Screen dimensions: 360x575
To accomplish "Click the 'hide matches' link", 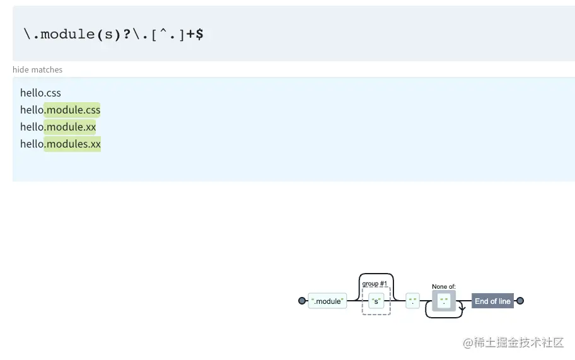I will tap(37, 70).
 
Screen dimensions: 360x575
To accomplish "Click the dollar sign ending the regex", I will tap(199, 34).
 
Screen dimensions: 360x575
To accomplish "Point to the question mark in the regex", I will tap(127, 34).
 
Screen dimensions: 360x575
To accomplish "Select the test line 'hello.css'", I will tap(40, 93).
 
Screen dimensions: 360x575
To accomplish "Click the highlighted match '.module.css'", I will tap(72, 110).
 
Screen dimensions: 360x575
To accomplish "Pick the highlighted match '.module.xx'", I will tap(70, 127).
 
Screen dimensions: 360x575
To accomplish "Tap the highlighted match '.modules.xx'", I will tap(73, 144).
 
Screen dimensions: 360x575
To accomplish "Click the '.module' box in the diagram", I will tap(327, 301).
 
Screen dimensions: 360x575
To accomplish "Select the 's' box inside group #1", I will tap(376, 301).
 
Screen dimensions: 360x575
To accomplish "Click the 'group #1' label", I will tap(375, 284).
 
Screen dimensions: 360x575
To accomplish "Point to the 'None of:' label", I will tap(444, 287).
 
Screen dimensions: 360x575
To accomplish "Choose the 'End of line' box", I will tap(492, 301).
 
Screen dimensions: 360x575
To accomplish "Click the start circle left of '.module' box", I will tap(302, 301).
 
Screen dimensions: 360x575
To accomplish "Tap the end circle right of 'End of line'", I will tap(520, 301).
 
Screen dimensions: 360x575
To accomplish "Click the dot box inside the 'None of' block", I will tap(444, 301).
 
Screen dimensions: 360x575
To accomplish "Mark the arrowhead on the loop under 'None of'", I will tap(462, 309).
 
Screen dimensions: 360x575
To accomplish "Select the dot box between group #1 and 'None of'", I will tap(413, 301).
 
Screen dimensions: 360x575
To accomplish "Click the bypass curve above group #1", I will tap(376, 274).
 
